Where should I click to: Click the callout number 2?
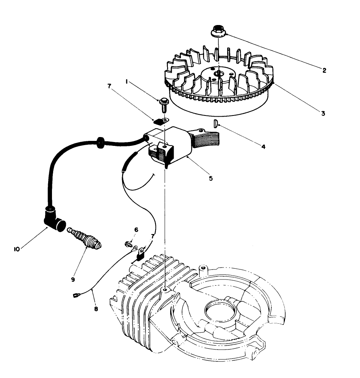[x=324, y=70]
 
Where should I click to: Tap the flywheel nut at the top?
[x=218, y=31]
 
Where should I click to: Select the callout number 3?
[x=323, y=114]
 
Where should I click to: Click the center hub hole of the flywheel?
[x=218, y=73]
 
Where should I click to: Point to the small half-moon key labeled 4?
[x=216, y=123]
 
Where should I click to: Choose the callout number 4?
[x=263, y=147]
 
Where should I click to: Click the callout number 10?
[x=17, y=249]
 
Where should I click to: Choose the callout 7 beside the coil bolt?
[x=109, y=87]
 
